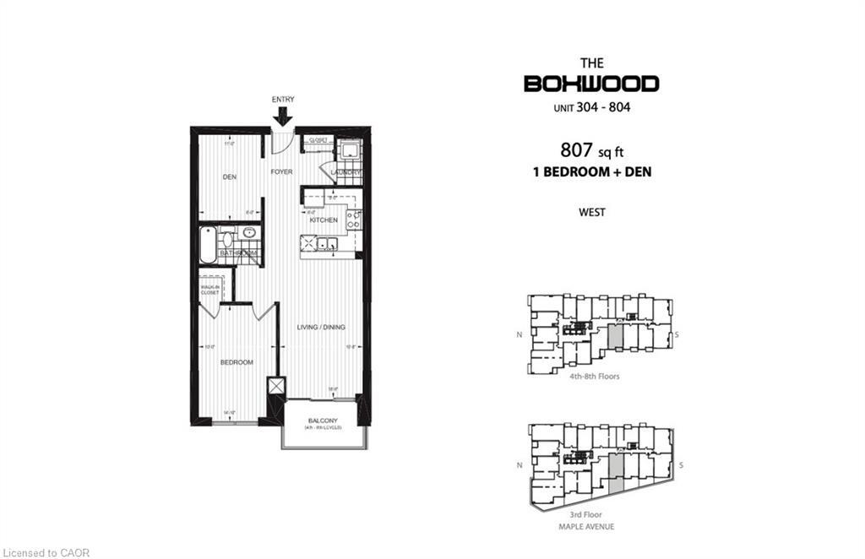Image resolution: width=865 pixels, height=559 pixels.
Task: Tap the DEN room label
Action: [229, 177]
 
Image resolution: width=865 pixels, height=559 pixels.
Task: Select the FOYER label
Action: [281, 171]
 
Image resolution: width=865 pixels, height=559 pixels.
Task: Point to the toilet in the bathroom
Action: [226, 238]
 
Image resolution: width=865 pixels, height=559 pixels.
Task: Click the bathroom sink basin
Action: [248, 232]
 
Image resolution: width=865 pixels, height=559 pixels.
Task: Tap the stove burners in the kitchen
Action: [355, 220]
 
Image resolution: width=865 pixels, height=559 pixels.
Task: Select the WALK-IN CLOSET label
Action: [209, 290]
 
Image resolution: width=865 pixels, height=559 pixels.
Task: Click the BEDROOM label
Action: [237, 362]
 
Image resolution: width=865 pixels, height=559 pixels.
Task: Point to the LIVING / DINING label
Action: [321, 328]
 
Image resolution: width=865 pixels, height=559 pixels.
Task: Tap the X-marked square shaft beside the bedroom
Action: [276, 386]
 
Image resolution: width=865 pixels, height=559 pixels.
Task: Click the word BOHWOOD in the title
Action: [591, 84]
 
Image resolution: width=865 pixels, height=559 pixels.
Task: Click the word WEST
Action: [591, 213]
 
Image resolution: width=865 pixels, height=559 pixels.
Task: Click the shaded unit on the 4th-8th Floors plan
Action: [616, 337]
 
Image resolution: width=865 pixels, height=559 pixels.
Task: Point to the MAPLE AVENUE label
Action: [591, 527]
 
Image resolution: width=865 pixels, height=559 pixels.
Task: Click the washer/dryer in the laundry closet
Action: [347, 153]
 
